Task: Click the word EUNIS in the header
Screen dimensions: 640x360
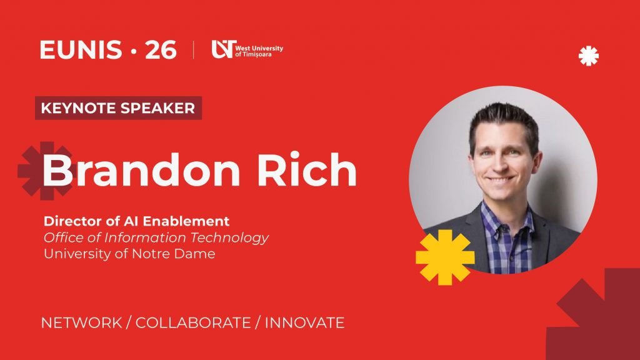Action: pyautogui.click(x=81, y=50)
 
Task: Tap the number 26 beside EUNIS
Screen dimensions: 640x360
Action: pyautogui.click(x=161, y=50)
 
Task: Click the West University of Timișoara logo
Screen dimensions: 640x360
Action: pyautogui.click(x=247, y=49)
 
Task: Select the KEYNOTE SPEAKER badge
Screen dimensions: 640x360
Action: pyautogui.click(x=118, y=108)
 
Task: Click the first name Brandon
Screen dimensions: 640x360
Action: pyautogui.click(x=141, y=170)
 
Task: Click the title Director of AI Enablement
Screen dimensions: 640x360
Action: pyautogui.click(x=136, y=221)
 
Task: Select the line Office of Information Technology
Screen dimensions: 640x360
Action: pyautogui.click(x=156, y=237)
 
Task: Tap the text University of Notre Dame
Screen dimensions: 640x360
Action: pyautogui.click(x=129, y=254)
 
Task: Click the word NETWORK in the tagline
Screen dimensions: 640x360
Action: pyautogui.click(x=82, y=323)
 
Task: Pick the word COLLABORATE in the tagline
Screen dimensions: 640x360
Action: pyautogui.click(x=193, y=323)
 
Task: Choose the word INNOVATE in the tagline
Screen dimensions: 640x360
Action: pyautogui.click(x=304, y=323)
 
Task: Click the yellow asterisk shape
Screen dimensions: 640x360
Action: pyautogui.click(x=445, y=257)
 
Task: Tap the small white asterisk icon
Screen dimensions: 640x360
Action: pyautogui.click(x=589, y=56)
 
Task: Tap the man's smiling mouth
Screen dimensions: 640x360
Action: pyautogui.click(x=501, y=179)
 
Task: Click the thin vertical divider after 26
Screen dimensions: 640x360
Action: pyautogui.click(x=194, y=50)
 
